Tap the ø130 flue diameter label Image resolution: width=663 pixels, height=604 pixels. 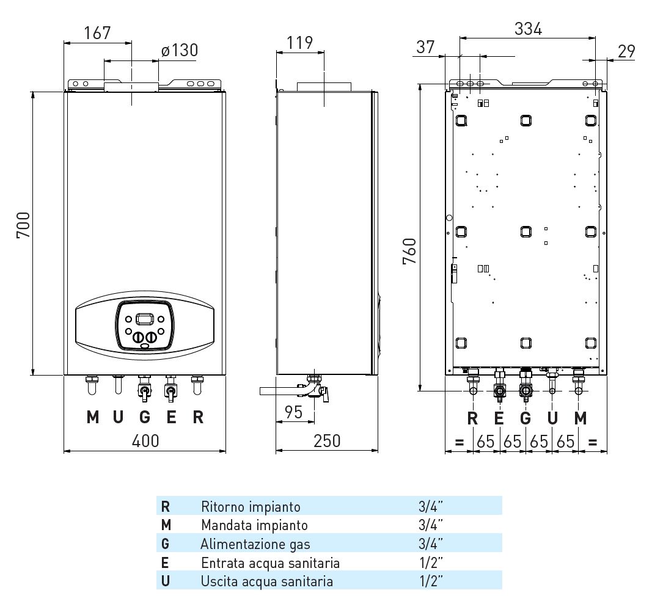tap(180, 50)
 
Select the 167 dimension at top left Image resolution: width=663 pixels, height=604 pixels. tap(98, 32)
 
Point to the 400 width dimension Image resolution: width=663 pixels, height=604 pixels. tap(145, 440)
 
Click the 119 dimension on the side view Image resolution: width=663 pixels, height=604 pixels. tap(299, 42)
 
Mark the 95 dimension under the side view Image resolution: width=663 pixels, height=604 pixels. tap(294, 412)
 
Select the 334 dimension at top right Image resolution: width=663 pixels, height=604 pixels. tap(528, 28)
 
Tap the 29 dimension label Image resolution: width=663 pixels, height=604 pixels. tap(626, 51)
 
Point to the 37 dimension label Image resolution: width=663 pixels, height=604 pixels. tap(425, 46)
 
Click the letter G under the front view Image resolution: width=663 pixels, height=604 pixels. tap(145, 418)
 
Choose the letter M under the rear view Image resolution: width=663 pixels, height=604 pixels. tap(581, 418)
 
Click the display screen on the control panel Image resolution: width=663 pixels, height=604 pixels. tap(145, 319)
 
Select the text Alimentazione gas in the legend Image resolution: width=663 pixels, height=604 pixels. tap(255, 544)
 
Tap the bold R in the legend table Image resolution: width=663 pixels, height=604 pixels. tap(166, 506)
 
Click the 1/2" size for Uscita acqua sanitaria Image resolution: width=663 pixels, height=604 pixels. tap(431, 581)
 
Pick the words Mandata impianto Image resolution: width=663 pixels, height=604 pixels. tap(254, 525)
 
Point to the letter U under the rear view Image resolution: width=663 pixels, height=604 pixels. tap(552, 418)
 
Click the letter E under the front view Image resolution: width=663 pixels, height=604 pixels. tap(172, 418)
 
